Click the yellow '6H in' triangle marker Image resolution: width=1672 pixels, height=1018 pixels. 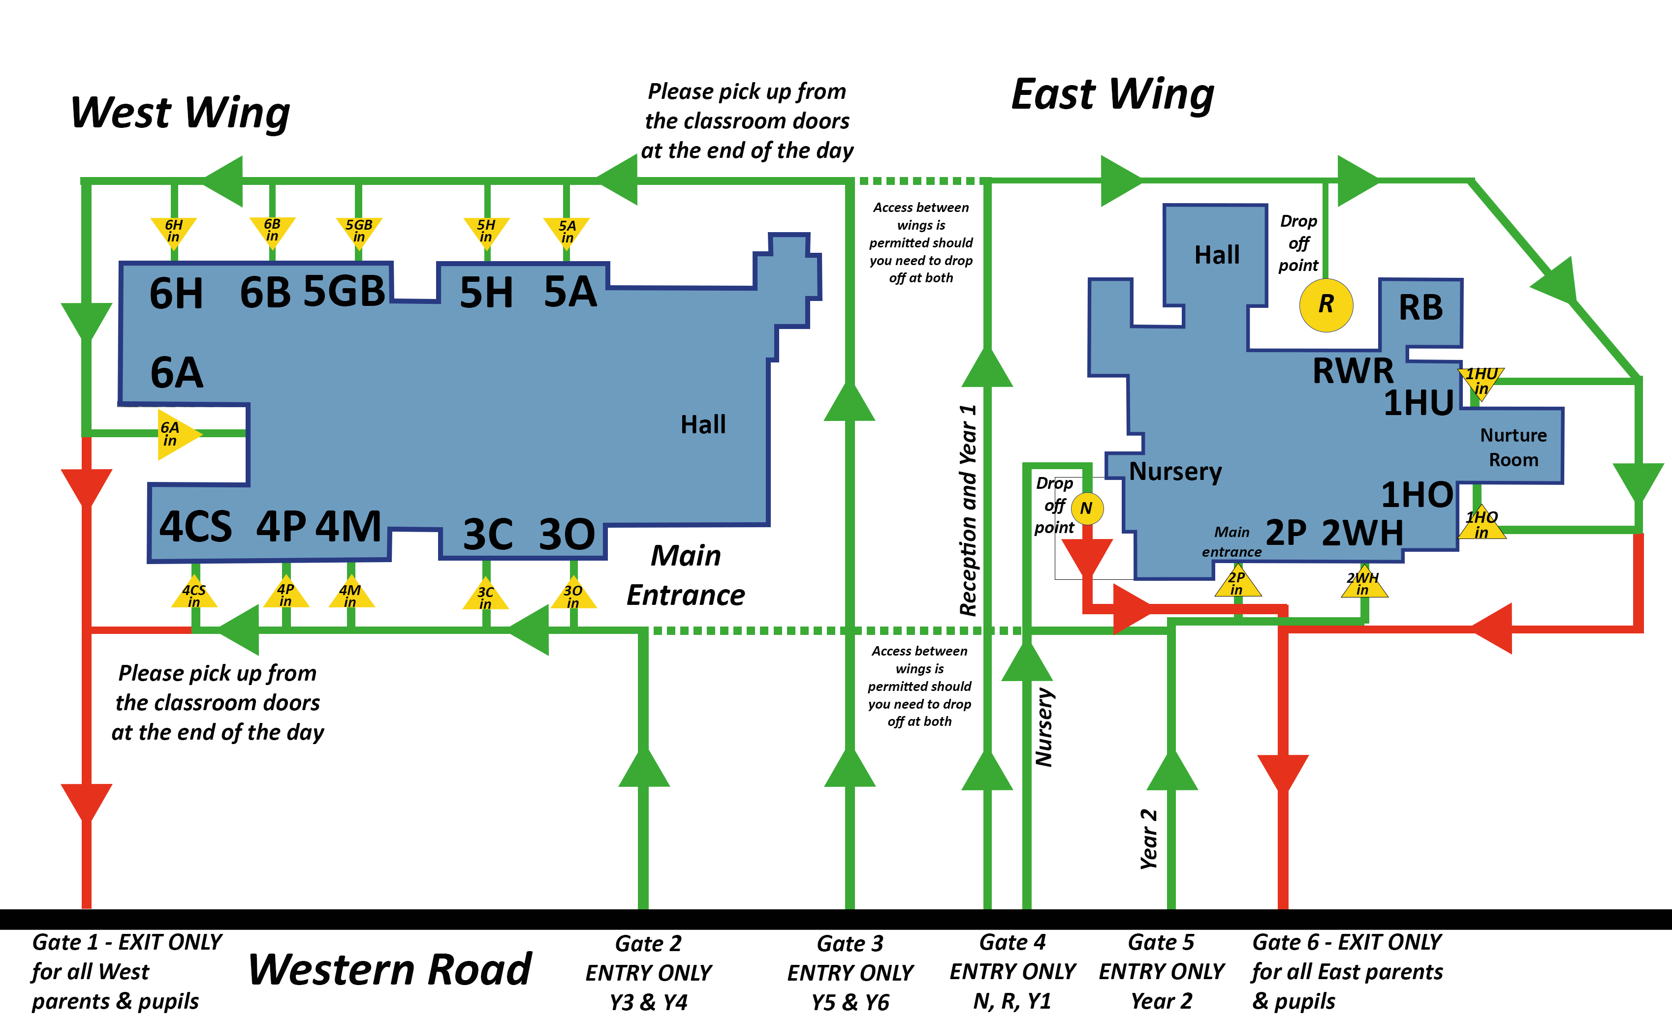tap(173, 231)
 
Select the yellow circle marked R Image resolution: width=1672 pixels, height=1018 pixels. tap(1326, 305)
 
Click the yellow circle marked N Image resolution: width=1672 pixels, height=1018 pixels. tap(1086, 508)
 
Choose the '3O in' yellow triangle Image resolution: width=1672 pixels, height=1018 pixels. tap(573, 596)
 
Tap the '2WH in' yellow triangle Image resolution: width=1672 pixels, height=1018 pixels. tap(1363, 583)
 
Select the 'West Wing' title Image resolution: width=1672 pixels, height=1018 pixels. tap(181, 112)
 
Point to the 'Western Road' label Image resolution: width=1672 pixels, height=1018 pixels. tap(390, 970)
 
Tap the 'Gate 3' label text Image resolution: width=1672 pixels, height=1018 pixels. tap(850, 943)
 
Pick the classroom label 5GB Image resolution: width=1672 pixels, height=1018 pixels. tap(344, 292)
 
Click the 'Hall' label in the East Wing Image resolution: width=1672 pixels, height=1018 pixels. tap(1217, 255)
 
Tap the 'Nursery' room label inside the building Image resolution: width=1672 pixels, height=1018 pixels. tap(1175, 471)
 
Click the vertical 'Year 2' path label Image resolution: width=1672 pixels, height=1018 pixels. tap(1148, 839)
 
